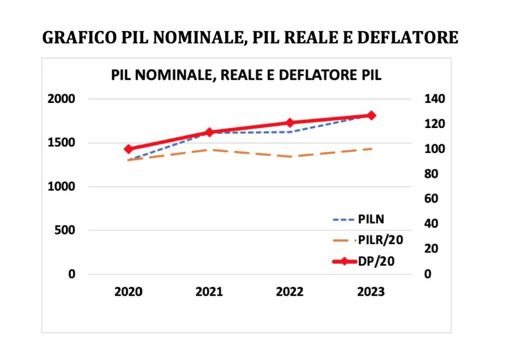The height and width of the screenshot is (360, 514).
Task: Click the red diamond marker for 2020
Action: [x=128, y=149]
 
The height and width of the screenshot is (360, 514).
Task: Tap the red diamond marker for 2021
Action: [x=210, y=133]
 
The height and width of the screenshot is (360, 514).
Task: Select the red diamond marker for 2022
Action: [x=290, y=123]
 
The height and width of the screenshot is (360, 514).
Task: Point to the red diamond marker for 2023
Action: [x=371, y=115]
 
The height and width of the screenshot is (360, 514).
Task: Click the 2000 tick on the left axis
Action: [x=61, y=99]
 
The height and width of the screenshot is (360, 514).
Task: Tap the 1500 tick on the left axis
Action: [x=61, y=143]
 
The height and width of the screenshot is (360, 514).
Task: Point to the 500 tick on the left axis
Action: [x=65, y=230]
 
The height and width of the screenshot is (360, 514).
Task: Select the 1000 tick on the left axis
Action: [x=61, y=187]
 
